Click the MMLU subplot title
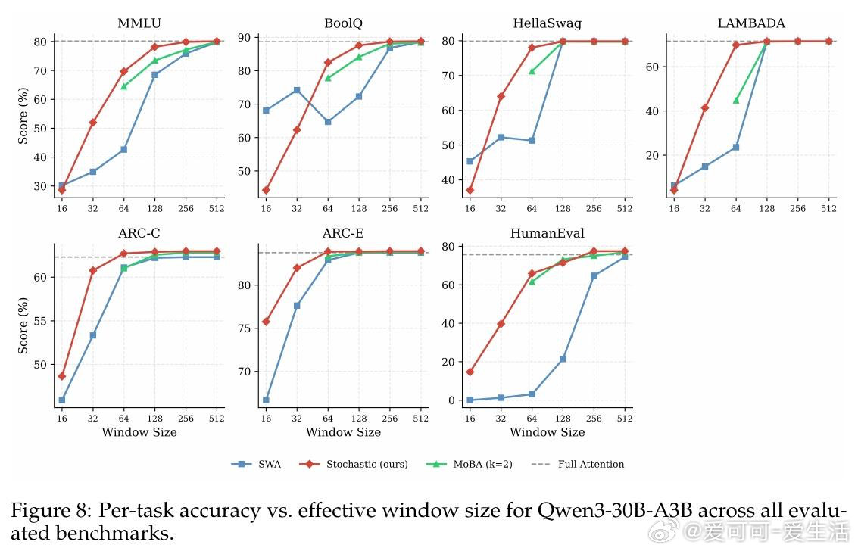pos(139,23)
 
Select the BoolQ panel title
pos(343,23)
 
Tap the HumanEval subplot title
pos(547,233)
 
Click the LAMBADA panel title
pos(750,23)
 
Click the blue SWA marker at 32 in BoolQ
pos(297,90)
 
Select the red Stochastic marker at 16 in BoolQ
pos(266,190)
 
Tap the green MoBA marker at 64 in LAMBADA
pos(735,100)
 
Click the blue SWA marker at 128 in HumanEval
pos(563,359)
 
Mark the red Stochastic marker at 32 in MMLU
pos(92,123)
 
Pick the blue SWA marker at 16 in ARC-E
pos(266,400)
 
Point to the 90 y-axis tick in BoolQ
pos(248,37)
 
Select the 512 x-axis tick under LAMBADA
pos(828,208)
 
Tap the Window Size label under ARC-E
pos(343,432)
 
